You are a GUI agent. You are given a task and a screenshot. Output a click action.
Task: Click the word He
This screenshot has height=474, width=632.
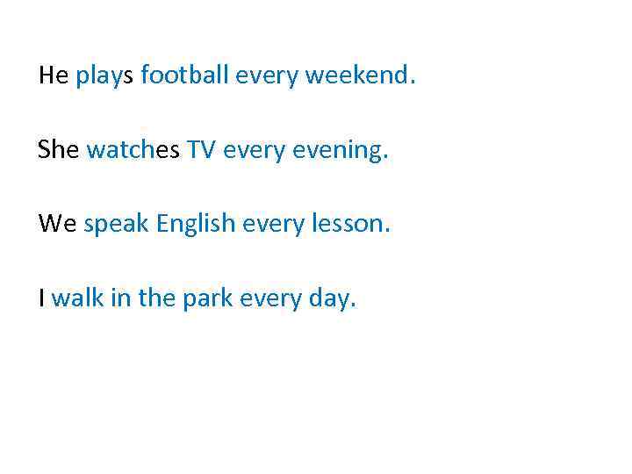tap(53, 76)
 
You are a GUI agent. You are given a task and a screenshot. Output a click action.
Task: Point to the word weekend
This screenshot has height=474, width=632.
tap(358, 76)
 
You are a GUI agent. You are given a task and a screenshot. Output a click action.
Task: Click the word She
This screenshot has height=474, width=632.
tap(58, 150)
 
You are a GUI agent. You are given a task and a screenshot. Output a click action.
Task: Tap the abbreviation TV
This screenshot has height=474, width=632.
tap(200, 150)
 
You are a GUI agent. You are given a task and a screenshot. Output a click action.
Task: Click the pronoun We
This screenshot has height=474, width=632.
tap(57, 224)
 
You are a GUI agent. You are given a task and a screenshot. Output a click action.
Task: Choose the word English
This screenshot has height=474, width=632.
tap(197, 226)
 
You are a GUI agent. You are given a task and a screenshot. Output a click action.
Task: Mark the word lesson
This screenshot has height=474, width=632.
tap(351, 224)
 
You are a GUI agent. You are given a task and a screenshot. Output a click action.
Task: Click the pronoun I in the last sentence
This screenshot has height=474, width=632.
tap(41, 298)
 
